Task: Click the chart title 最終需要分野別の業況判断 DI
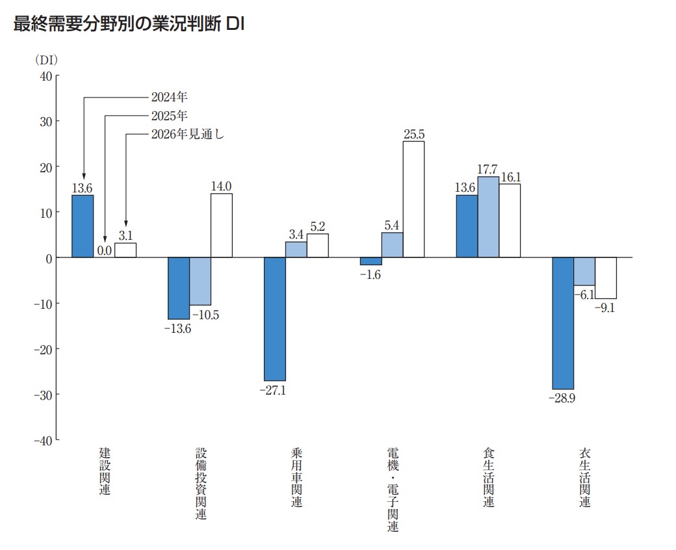[x=128, y=25]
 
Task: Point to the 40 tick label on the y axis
[x=45, y=76]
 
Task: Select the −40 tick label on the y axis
[x=42, y=440]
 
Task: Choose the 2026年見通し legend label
[x=187, y=135]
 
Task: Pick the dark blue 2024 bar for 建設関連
[x=83, y=226]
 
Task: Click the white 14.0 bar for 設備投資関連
[x=221, y=226]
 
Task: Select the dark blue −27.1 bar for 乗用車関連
[x=274, y=319]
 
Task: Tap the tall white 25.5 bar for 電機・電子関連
[x=413, y=199]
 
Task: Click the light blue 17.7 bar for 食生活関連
[x=488, y=217]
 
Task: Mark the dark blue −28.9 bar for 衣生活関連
[x=563, y=323]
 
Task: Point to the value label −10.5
[x=206, y=315]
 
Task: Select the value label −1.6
[x=370, y=275]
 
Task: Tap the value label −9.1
[x=605, y=308]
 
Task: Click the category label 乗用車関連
[x=296, y=478]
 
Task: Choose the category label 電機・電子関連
[x=393, y=490]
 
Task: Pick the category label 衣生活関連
[x=585, y=478]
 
